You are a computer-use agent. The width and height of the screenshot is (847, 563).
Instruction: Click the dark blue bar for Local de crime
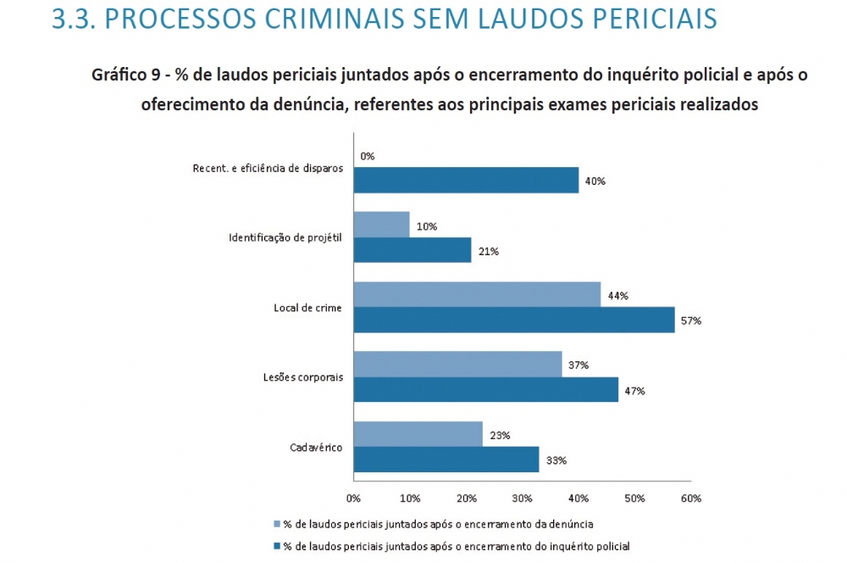(x=513, y=320)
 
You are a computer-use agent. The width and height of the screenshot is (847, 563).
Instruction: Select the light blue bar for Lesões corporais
(x=457, y=365)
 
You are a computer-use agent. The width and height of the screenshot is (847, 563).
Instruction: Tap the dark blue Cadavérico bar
(x=446, y=460)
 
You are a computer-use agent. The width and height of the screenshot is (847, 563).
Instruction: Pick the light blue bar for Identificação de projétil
(x=381, y=225)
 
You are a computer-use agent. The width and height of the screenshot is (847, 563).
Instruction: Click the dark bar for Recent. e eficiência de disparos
(x=466, y=181)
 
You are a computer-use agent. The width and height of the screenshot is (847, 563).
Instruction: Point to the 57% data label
(x=693, y=321)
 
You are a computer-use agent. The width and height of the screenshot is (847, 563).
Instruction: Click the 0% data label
(x=367, y=156)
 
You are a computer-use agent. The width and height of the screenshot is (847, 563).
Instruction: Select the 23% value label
(x=498, y=435)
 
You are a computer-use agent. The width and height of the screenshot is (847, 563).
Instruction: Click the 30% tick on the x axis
(x=522, y=498)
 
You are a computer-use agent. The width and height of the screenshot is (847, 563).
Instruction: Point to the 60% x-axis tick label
(x=690, y=498)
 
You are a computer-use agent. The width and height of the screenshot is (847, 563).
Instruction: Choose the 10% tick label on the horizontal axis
(x=409, y=498)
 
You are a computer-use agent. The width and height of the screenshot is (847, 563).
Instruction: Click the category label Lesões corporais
(x=302, y=377)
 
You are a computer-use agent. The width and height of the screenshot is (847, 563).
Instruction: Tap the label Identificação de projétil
(x=285, y=237)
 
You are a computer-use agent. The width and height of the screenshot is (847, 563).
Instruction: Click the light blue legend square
(x=276, y=523)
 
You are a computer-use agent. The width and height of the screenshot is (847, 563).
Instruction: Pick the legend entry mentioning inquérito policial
(x=457, y=545)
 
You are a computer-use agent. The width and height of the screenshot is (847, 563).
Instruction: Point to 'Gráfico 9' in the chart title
(x=127, y=75)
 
